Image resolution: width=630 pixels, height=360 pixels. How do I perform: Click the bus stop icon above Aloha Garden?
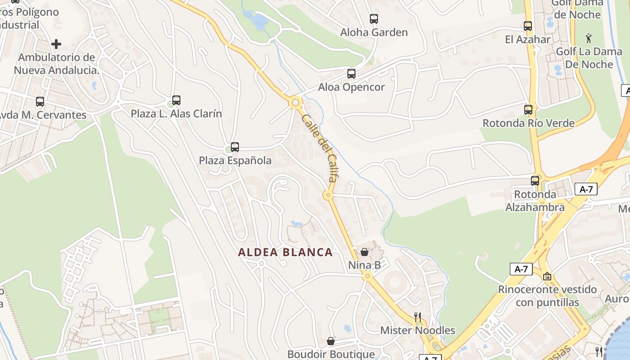click(x=374, y=19)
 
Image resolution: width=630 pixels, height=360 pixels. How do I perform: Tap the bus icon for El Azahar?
click(x=528, y=26)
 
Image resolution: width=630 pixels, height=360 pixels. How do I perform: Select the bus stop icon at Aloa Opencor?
click(x=351, y=74)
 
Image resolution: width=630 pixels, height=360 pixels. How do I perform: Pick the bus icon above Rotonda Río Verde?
click(x=528, y=109)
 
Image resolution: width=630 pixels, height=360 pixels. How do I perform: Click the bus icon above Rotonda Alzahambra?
click(x=535, y=181)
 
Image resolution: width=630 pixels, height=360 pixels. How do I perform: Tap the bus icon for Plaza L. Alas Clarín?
click(x=176, y=100)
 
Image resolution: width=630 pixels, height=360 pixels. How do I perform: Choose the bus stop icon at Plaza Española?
click(x=235, y=147)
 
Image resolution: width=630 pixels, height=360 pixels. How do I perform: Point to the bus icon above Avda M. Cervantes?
click(x=40, y=102)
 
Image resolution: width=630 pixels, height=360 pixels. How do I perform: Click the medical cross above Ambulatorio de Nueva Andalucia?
click(x=56, y=44)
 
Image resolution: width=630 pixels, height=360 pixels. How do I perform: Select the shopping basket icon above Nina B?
click(x=364, y=252)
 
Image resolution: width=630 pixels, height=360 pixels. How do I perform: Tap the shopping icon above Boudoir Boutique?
click(x=331, y=341)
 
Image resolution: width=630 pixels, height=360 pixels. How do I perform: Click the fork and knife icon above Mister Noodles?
click(x=418, y=317)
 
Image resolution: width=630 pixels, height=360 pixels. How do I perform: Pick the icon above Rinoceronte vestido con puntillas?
click(x=547, y=276)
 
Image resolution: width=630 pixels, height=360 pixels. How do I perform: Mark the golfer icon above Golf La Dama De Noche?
click(x=589, y=38)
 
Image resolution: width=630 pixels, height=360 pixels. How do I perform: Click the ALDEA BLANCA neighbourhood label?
click(x=285, y=252)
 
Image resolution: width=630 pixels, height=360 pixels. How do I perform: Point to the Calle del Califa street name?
click(x=320, y=148)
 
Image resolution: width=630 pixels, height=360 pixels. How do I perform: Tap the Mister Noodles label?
click(x=418, y=330)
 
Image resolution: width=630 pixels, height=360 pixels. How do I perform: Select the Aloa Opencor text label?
click(x=351, y=87)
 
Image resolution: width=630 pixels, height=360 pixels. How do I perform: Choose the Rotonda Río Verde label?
click(x=528, y=123)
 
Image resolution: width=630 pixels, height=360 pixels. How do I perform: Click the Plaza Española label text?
click(x=235, y=161)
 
